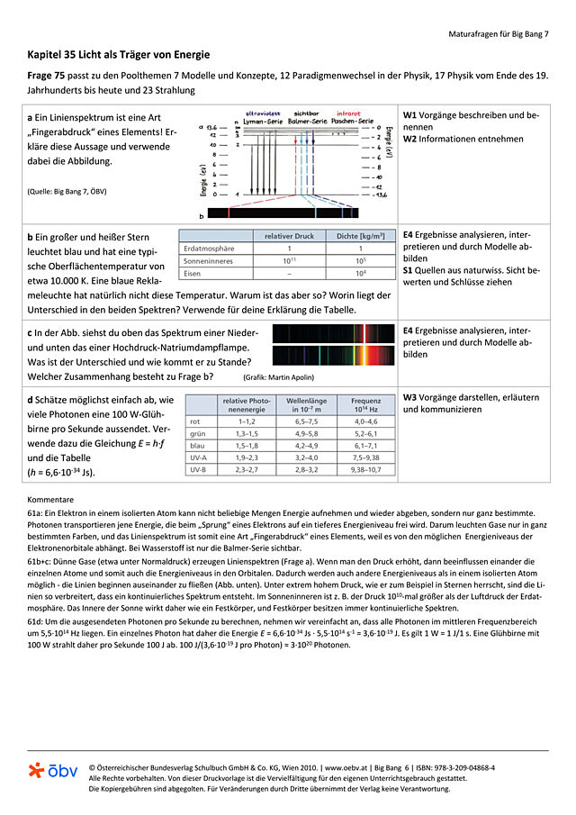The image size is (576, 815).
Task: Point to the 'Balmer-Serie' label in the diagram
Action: click(306, 120)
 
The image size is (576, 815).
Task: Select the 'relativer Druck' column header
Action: click(289, 235)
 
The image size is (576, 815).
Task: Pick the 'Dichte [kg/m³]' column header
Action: click(361, 235)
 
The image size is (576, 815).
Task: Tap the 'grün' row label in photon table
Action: click(198, 433)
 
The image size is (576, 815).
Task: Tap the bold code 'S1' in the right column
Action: click(409, 269)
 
